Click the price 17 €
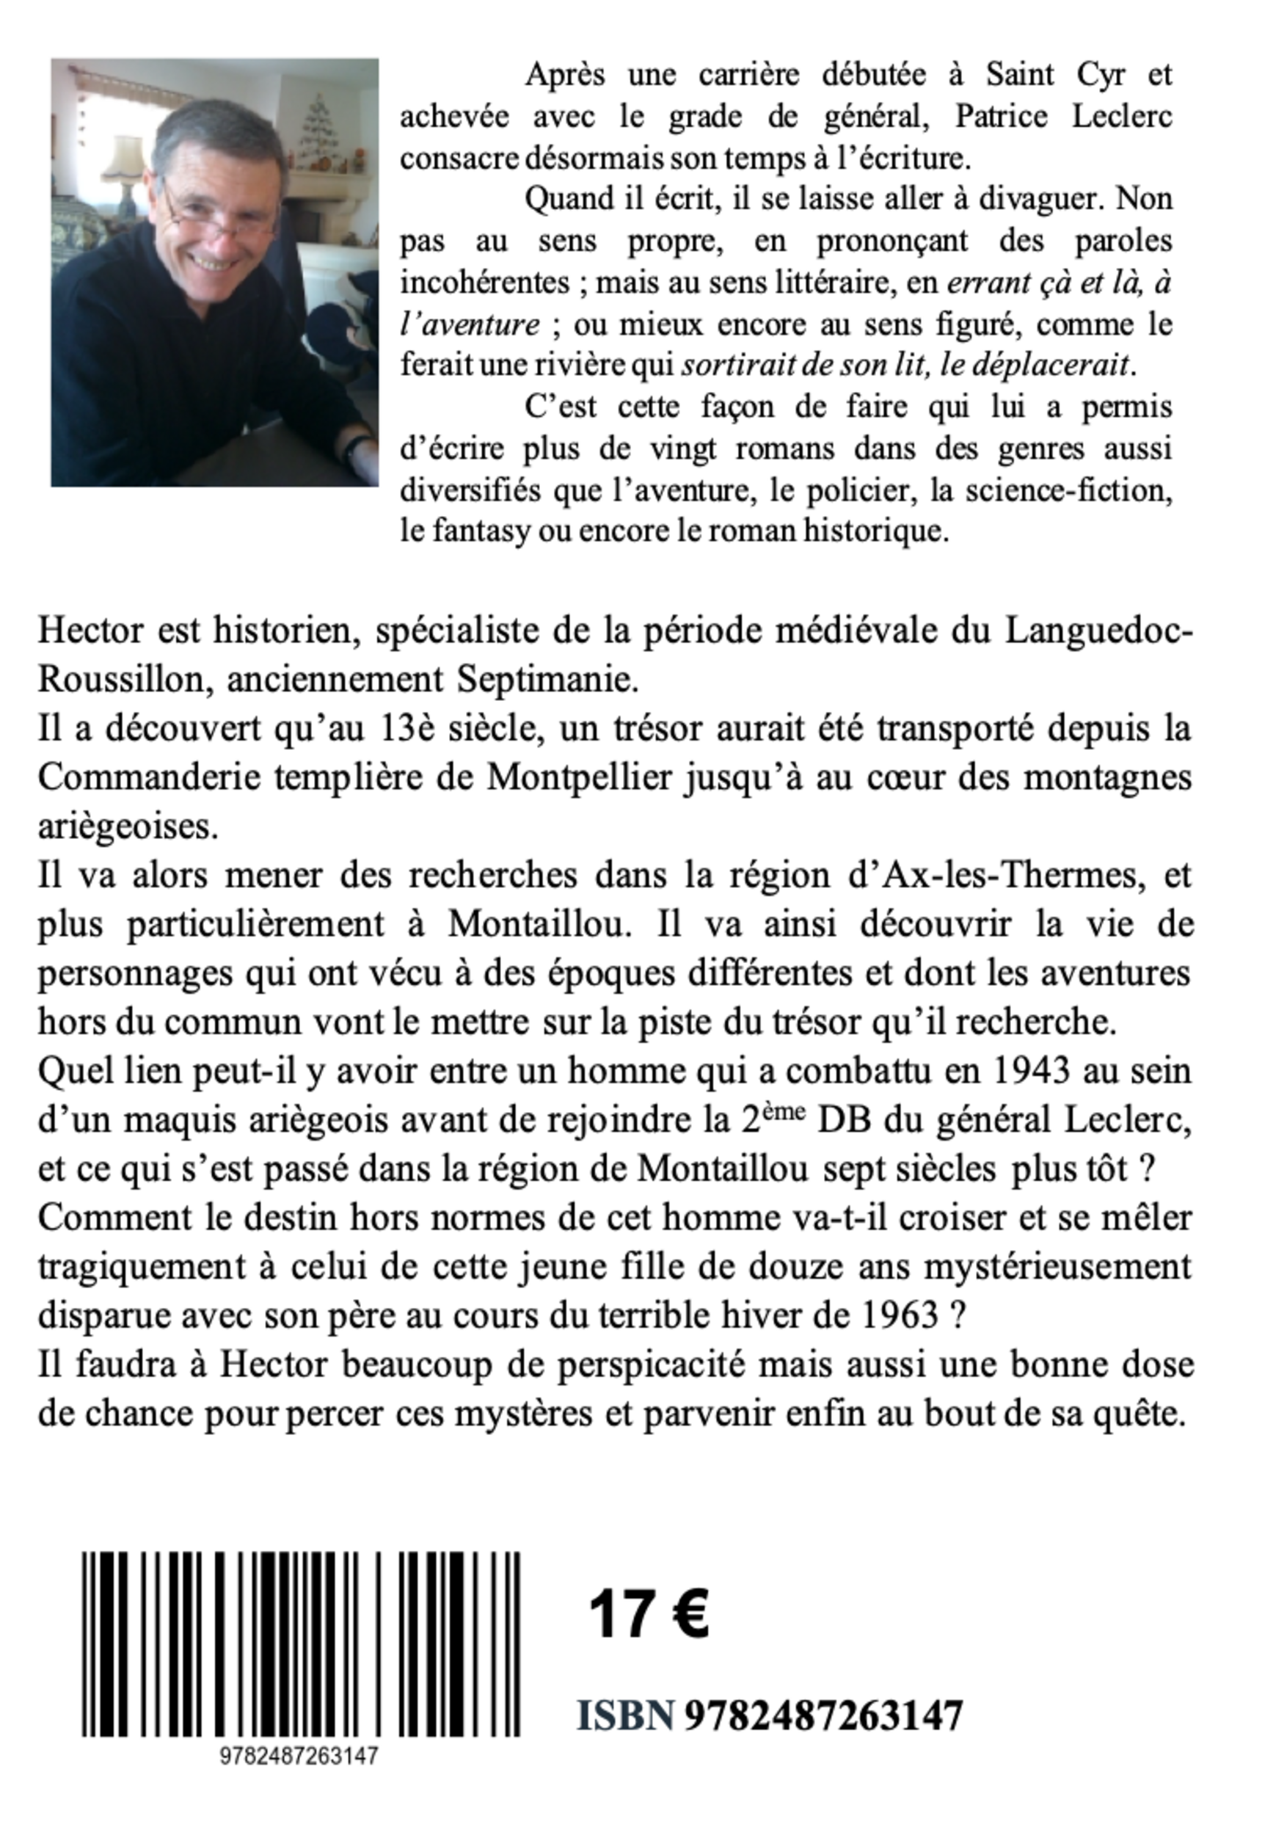tap(649, 1613)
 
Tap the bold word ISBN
tap(625, 1715)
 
